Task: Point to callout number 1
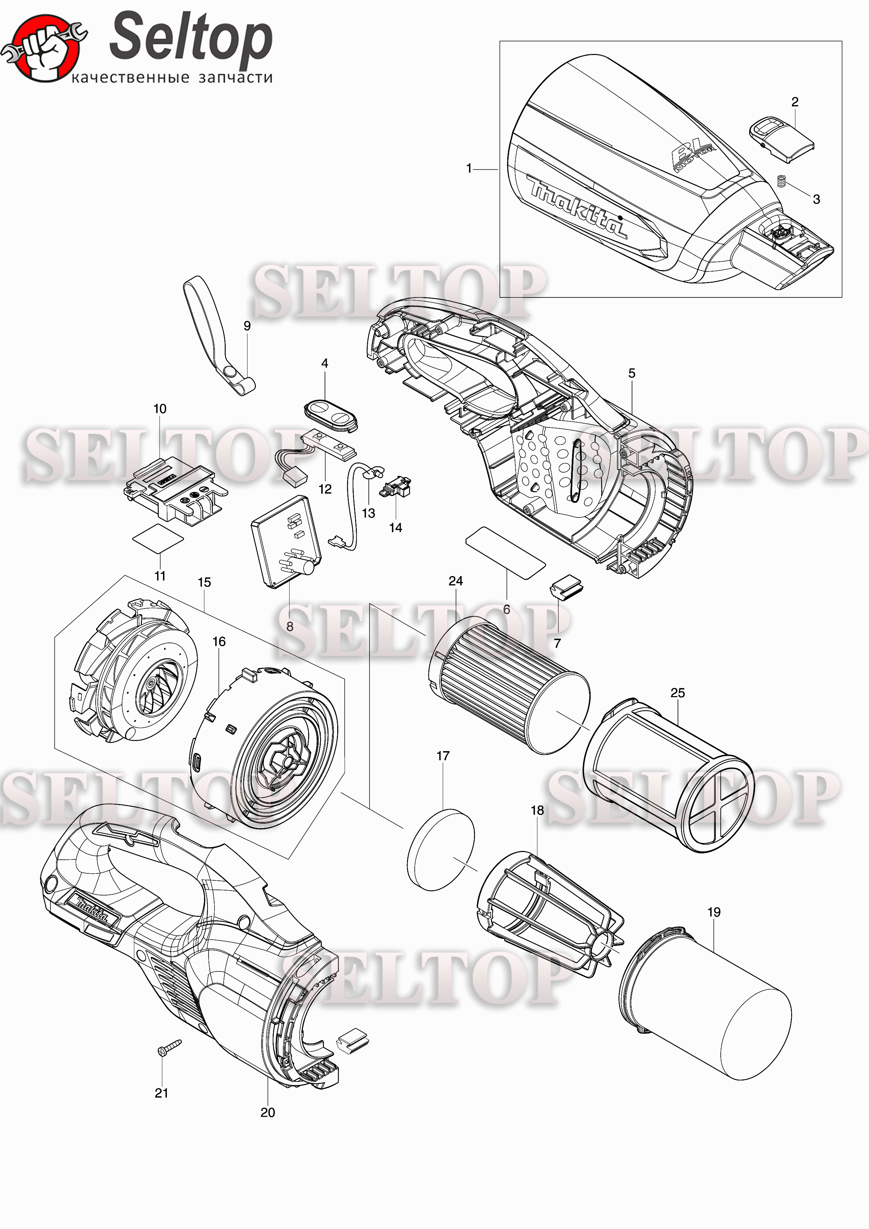point(469,169)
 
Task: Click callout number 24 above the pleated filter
point(456,581)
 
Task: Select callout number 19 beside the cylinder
point(714,912)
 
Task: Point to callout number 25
point(677,693)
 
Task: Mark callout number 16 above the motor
point(219,641)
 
